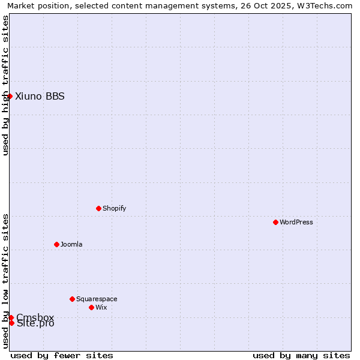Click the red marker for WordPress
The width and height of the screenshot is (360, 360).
click(x=275, y=222)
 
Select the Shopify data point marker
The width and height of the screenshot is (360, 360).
click(x=98, y=208)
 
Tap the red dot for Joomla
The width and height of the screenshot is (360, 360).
click(x=56, y=244)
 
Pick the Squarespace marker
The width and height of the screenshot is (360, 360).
click(x=72, y=299)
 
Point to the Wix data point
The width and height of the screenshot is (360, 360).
click(x=91, y=307)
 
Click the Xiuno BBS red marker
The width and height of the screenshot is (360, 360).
click(x=10, y=96)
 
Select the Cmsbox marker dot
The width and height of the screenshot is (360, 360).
click(x=11, y=317)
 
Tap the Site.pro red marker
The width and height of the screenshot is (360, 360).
click(x=11, y=323)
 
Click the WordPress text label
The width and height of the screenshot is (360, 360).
click(x=296, y=222)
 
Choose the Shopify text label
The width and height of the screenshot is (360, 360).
click(x=114, y=208)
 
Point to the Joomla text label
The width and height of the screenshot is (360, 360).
click(x=71, y=244)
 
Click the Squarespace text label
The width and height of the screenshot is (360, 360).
click(x=97, y=299)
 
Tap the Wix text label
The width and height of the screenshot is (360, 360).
click(x=101, y=307)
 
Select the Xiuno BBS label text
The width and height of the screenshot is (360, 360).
click(x=40, y=96)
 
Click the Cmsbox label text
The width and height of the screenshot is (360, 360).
click(x=35, y=317)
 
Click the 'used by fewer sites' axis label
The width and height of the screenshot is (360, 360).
click(x=62, y=355)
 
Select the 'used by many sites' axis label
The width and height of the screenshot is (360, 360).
click(x=301, y=355)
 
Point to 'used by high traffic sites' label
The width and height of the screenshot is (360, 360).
click(x=5, y=85)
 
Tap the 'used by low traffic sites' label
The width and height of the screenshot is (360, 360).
click(x=5, y=281)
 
